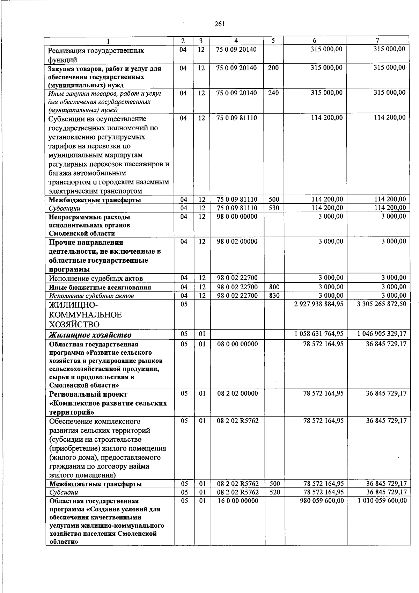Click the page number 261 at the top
click(x=220, y=24)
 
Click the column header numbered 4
click(x=236, y=41)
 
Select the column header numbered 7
click(x=377, y=41)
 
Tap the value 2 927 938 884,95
click(x=319, y=304)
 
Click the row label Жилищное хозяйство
click(x=90, y=335)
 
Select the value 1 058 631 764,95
click(x=319, y=334)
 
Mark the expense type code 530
click(x=273, y=208)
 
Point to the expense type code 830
click(x=273, y=296)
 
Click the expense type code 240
click(x=273, y=93)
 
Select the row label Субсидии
click(x=64, y=492)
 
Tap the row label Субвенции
click(x=65, y=209)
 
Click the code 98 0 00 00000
click(x=237, y=217)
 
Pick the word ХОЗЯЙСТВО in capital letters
click(x=74, y=324)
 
